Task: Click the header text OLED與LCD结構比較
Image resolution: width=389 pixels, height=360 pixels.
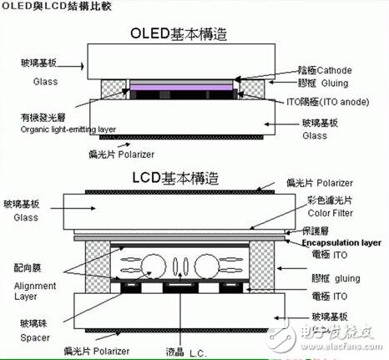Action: (x=44, y=7)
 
